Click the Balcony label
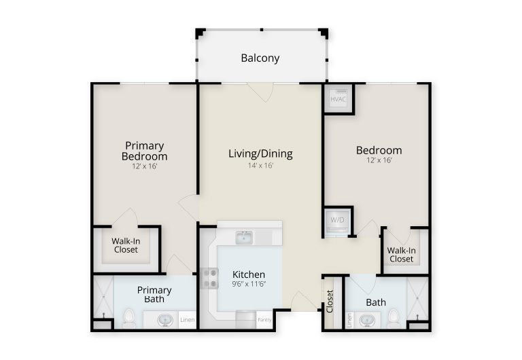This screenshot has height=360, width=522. tap(260, 58)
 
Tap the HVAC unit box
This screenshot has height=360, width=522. tap(338, 98)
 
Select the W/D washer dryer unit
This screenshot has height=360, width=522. tap(337, 221)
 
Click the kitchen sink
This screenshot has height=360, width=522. tap(244, 238)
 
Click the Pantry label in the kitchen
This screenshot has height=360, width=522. tap(264, 320)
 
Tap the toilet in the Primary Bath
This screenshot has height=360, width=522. tap(128, 319)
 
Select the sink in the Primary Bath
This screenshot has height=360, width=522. tap(165, 320)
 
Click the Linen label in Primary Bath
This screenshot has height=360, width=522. tap(187, 320)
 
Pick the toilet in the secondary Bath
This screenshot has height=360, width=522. tap(394, 319)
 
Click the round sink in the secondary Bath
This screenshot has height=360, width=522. tap(367, 321)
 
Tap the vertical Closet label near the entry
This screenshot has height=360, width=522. tap(330, 302)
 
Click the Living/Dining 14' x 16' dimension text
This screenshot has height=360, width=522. tap(260, 165)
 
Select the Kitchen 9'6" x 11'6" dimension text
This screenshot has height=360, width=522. tap(249, 284)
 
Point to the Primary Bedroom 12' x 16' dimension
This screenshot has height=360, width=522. tap(145, 166)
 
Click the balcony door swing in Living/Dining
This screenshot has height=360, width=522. tap(260, 92)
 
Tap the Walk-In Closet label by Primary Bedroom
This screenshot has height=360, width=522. tap(126, 245)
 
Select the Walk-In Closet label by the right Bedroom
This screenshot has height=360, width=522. tap(401, 255)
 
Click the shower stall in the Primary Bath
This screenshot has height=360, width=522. tap(103, 297)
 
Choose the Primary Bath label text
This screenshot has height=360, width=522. tap(154, 295)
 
